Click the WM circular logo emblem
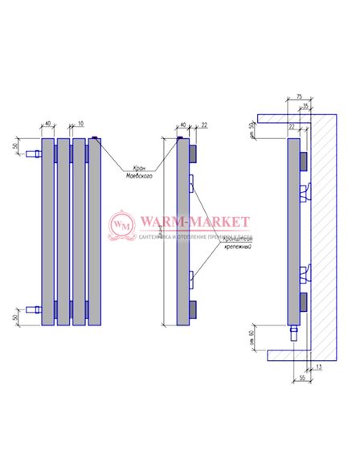123,227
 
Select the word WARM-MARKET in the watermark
194,222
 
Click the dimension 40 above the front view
48,124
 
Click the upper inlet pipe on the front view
33,153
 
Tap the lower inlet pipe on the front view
33,309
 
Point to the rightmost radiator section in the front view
95,233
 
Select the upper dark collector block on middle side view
192,152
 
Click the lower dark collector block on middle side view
192,308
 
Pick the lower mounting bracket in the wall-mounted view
305,273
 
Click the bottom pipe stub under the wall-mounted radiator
293,331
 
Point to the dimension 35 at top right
305,104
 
